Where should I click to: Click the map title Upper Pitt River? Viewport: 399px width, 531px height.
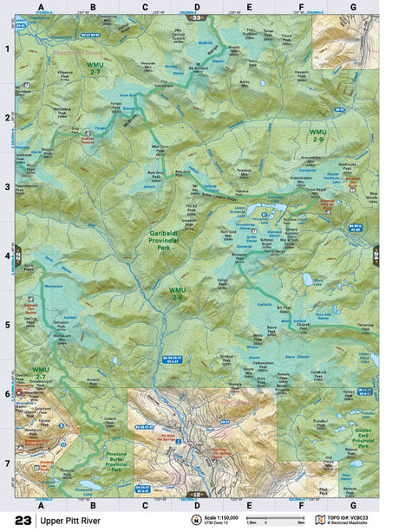71,520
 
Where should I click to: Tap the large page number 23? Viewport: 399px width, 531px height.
23,520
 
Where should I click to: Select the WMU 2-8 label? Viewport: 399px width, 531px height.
177,295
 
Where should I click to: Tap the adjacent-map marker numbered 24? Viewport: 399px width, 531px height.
376,254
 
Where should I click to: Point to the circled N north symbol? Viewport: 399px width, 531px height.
196,521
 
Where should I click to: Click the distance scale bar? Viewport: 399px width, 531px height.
269,521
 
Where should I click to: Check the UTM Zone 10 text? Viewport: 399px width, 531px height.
219,523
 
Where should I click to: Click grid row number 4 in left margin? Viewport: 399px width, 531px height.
7,255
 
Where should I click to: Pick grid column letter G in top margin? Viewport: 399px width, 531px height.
352,6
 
